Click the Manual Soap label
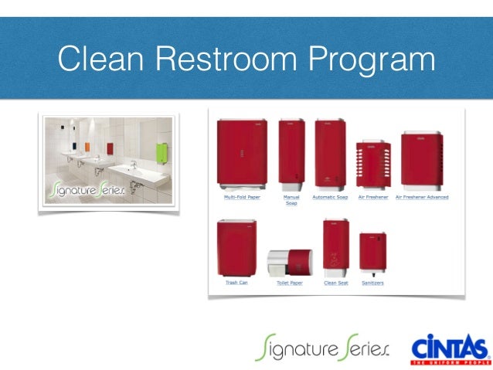click(291, 200)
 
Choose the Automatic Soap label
click(331, 197)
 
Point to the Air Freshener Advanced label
click(422, 197)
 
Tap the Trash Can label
click(236, 283)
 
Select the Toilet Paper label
click(290, 283)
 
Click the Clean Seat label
click(335, 283)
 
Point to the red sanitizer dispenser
click(372, 253)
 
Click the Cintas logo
click(451, 349)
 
